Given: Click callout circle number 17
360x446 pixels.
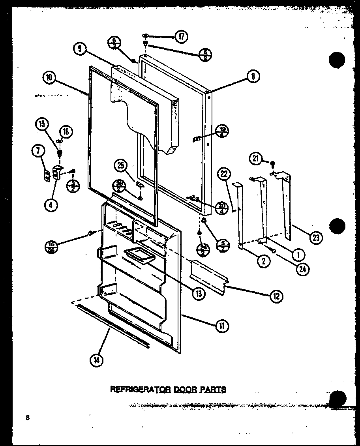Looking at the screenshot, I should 181,37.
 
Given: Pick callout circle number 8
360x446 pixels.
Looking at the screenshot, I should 253,77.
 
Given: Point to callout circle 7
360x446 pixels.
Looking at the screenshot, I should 38,151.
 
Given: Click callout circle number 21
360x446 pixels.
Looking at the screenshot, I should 255,159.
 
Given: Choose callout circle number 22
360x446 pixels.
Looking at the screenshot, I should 224,174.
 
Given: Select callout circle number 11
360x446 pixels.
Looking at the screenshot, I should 222,325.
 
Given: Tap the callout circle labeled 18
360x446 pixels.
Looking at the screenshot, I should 66,132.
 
